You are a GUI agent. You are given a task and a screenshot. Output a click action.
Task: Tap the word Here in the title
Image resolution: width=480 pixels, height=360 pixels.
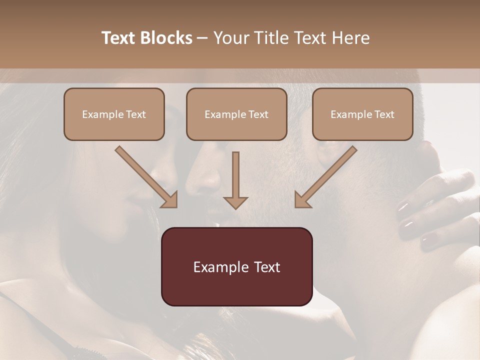350,38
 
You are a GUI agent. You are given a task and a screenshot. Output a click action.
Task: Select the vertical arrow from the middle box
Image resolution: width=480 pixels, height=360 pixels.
235,180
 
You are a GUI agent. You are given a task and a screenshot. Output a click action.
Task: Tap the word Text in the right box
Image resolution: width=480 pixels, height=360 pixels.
384,114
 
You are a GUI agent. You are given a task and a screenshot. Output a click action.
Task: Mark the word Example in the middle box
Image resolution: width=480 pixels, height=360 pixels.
221,114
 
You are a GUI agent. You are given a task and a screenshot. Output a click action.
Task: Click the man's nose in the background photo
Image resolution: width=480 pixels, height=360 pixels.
205,180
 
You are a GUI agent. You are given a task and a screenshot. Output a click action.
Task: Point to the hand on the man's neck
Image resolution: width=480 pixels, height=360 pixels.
435,210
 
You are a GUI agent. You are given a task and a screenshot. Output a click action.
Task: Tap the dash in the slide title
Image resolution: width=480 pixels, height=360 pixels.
203,38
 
